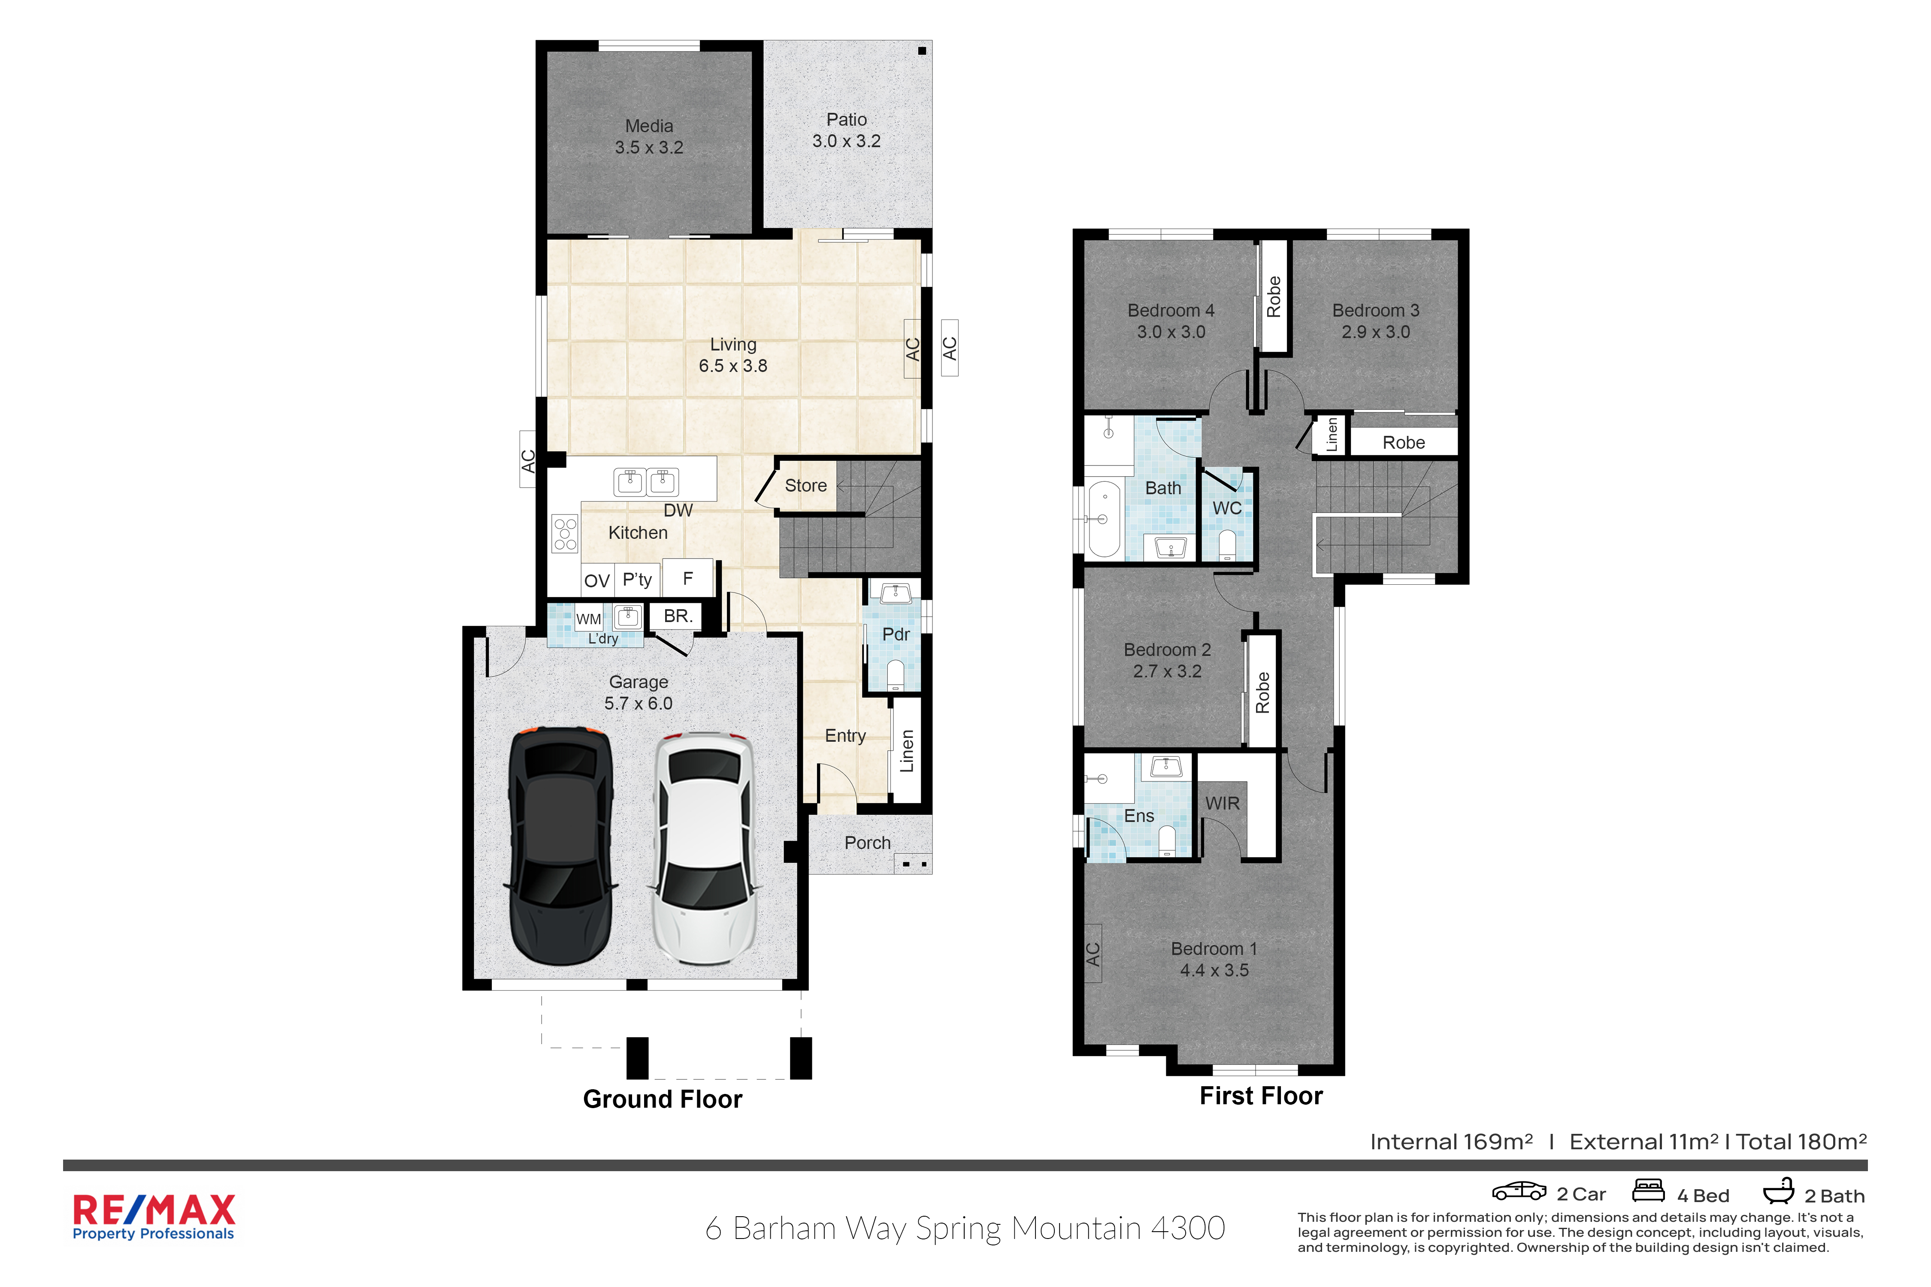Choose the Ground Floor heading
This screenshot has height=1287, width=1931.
(663, 1099)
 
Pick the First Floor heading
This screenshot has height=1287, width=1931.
(1261, 1096)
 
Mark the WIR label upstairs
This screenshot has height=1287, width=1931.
(1223, 804)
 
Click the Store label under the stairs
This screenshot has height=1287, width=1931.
(805, 485)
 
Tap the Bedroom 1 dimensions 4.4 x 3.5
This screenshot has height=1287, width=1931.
(1214, 970)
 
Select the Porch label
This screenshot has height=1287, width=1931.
(868, 843)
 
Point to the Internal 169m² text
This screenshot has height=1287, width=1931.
(1451, 1142)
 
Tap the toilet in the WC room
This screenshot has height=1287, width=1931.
(1226, 544)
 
